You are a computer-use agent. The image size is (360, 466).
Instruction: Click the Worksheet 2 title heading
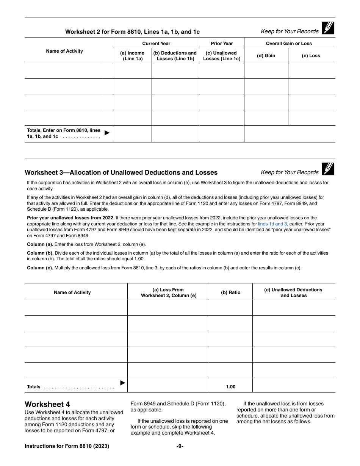(132, 32)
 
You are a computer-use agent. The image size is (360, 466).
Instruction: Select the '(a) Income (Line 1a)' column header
(132, 56)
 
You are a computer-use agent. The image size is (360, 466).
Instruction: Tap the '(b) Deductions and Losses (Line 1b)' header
(175, 56)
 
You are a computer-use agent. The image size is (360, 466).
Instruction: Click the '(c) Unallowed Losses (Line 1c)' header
(222, 56)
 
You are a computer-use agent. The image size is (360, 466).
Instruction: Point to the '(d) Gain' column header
(266, 56)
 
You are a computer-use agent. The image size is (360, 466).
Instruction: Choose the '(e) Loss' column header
(311, 56)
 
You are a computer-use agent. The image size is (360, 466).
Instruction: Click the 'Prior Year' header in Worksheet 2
(222, 44)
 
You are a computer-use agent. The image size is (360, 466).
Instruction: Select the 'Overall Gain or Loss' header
(289, 44)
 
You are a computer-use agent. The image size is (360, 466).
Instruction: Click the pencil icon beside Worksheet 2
(328, 28)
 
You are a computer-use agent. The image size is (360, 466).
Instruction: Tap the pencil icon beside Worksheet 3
(328, 169)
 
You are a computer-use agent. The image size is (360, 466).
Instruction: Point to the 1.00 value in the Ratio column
(230, 387)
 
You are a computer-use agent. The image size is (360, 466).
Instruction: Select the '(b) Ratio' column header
(230, 292)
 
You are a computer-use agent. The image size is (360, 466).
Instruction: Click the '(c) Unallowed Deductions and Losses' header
(293, 292)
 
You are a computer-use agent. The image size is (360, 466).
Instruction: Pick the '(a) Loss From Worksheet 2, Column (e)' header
(168, 292)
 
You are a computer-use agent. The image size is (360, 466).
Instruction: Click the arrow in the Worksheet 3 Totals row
(123, 383)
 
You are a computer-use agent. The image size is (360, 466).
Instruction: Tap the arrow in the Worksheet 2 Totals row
(107, 133)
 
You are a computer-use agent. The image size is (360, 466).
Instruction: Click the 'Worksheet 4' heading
(47, 404)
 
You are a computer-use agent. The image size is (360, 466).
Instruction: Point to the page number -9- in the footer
(180, 446)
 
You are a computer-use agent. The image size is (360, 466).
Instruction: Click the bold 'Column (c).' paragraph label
(40, 268)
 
